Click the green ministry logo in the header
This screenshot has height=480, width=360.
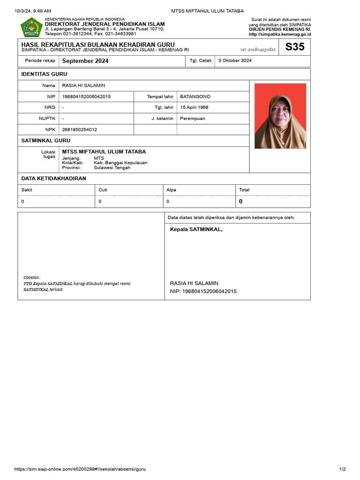pos(31,27)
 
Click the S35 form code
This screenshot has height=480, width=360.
pos(295,47)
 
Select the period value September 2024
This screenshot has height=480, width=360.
pos(85,61)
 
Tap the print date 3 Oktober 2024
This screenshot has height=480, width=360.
pos(235,60)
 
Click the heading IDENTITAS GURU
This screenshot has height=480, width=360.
pos(44,74)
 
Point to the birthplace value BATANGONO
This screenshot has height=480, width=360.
pos(195,97)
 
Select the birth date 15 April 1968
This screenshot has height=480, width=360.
pos(194,107)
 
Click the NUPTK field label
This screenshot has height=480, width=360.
pos(47,119)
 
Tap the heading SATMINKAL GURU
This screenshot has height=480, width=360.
pos(46,140)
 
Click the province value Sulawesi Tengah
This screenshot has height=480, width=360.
pos(112,167)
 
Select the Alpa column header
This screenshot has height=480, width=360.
pos(172,190)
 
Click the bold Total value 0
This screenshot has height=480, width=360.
pos(241,202)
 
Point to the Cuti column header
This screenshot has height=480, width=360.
pos(103,190)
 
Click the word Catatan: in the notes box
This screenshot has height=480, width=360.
pos(32,277)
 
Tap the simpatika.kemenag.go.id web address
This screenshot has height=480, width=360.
pos(280,34)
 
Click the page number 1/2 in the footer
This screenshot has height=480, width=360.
pos(342,469)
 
